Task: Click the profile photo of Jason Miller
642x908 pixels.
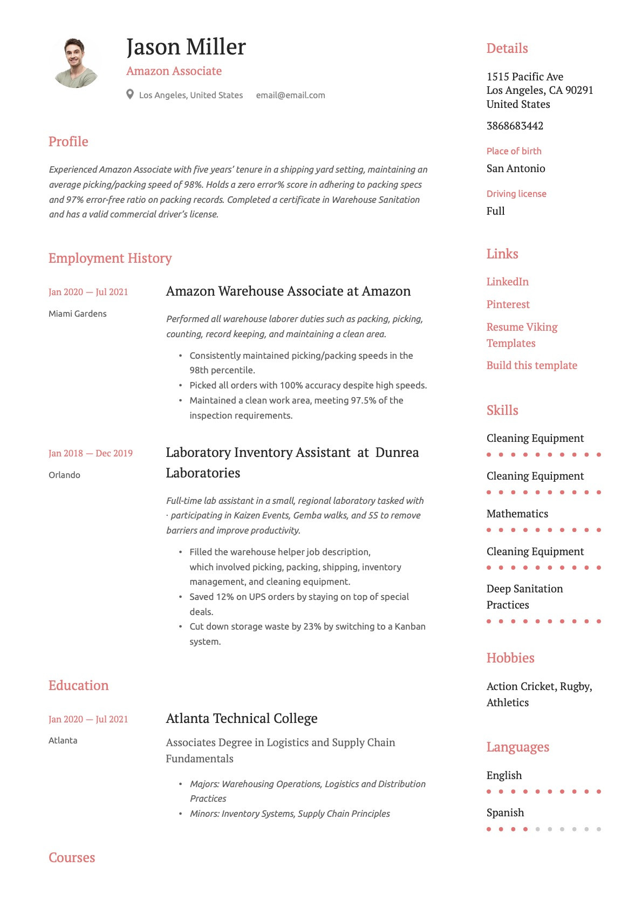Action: point(75,63)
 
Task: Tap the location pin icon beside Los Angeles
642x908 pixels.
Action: point(130,94)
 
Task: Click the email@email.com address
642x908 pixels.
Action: point(290,95)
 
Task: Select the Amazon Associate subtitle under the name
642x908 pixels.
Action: point(174,71)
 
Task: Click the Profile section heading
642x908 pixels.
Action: point(68,141)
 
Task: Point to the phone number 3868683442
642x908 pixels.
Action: point(515,126)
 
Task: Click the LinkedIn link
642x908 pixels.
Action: point(507,282)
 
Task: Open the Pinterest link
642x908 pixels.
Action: point(508,304)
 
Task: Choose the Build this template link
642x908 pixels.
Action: point(531,365)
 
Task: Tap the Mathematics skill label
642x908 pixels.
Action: point(517,514)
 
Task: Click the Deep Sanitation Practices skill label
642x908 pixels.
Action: point(524,597)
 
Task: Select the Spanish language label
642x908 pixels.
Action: point(505,813)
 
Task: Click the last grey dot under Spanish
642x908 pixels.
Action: point(599,829)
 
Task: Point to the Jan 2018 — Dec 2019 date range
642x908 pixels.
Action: point(90,453)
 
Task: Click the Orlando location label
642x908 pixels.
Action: point(64,475)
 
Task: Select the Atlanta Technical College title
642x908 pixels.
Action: point(241,719)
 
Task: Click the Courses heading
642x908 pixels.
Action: point(71,857)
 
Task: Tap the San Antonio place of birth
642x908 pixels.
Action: point(515,168)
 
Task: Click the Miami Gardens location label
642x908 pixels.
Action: point(77,313)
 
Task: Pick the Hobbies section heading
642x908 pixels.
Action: point(510,658)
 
